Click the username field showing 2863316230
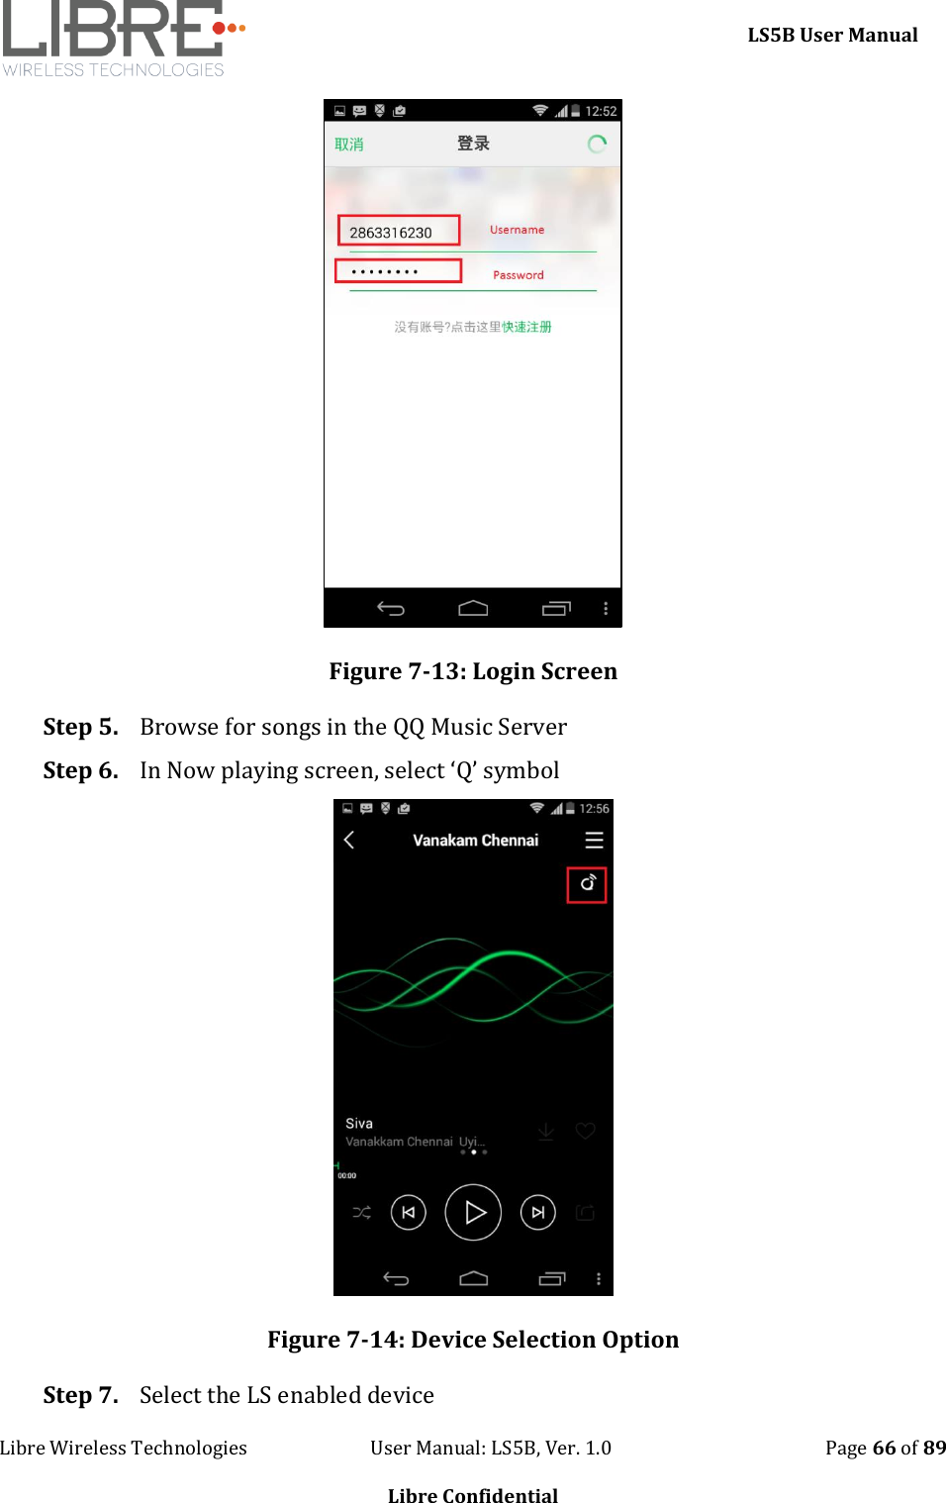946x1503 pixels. coord(398,232)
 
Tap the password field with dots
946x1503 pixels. coord(398,270)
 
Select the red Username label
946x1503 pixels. coord(517,230)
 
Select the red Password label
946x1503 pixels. coord(518,275)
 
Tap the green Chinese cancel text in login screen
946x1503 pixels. coord(348,145)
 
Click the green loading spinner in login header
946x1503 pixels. coord(597,145)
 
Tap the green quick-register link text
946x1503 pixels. coord(526,327)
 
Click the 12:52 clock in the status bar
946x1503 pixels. coord(601,111)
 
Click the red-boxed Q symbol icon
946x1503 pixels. coord(587,884)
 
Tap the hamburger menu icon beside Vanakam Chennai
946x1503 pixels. coord(594,841)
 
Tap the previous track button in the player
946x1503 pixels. coord(409,1212)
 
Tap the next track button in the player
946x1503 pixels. coord(538,1212)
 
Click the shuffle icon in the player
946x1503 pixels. coord(362,1212)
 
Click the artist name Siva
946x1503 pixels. coord(359,1124)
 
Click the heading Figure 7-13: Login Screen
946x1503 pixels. coord(473,671)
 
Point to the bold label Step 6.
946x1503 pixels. coord(80,770)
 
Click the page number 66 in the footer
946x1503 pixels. coord(884,1448)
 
